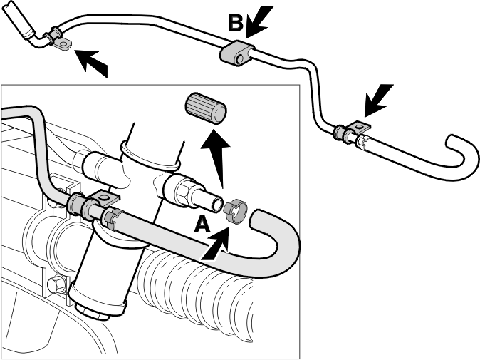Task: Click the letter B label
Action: pyautogui.click(x=236, y=24)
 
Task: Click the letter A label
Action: pyautogui.click(x=202, y=224)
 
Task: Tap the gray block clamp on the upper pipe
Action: pyautogui.click(x=237, y=53)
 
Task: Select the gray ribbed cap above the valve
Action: pyautogui.click(x=205, y=108)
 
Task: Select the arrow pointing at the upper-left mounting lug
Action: pyautogui.click(x=91, y=63)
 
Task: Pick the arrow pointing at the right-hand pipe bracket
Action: pyautogui.click(x=378, y=101)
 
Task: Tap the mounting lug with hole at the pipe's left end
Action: pyautogui.click(x=63, y=44)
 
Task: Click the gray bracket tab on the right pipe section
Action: pyautogui.click(x=359, y=126)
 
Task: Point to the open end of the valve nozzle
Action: pyautogui.click(x=218, y=205)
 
